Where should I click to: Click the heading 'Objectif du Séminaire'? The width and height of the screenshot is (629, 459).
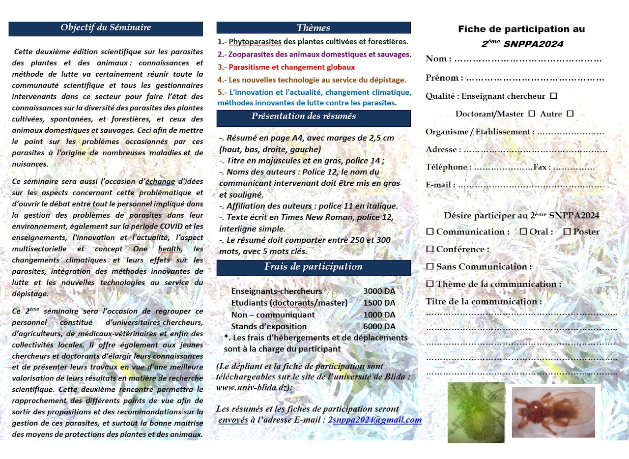[106, 28]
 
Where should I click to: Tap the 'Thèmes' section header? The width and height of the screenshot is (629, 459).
[314, 28]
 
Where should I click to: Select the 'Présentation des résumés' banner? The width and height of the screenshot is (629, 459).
[314, 116]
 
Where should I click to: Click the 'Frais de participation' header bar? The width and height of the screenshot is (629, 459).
[314, 267]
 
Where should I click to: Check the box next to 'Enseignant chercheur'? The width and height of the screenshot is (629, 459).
[553, 96]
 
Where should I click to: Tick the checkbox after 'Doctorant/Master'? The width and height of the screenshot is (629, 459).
[531, 114]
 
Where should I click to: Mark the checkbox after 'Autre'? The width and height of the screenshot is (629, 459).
[570, 114]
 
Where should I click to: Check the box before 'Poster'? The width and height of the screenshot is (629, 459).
[567, 231]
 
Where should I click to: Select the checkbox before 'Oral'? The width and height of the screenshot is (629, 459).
[523, 231]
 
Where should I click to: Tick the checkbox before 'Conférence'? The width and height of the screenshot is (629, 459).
[430, 249]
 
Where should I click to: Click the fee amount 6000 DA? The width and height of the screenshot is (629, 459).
[379, 326]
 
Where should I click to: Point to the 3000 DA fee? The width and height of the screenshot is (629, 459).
[379, 291]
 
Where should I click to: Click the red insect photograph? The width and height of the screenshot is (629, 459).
[553, 412]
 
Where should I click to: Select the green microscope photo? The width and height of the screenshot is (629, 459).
[476, 412]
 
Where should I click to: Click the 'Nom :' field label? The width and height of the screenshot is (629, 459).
[438, 59]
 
